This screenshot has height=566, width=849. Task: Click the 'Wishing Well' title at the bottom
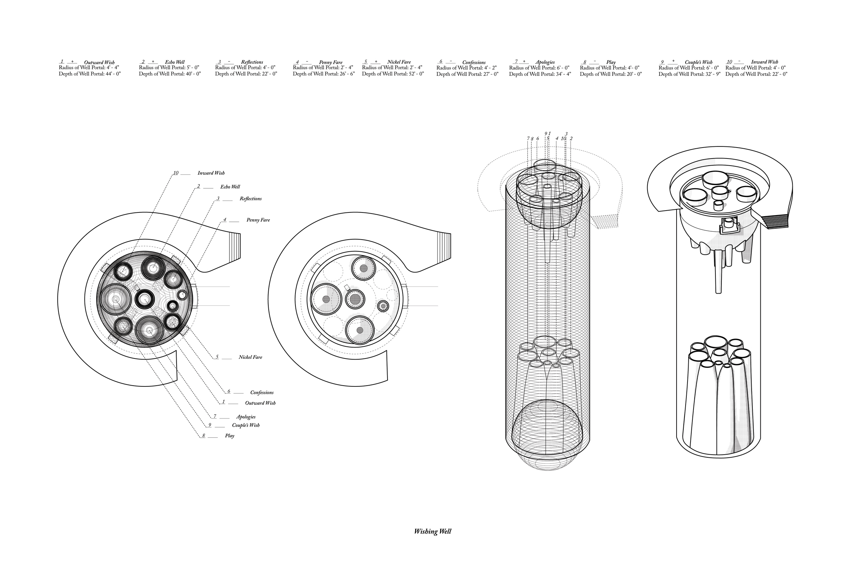pos(432,532)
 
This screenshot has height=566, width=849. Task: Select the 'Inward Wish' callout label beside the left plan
pos(211,173)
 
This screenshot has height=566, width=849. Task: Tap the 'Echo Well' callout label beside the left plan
pos(230,187)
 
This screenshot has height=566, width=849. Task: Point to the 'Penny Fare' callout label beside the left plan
pos(258,220)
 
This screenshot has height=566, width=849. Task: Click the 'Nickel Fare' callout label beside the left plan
pos(250,357)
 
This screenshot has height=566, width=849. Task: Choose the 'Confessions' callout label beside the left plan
pos(262,393)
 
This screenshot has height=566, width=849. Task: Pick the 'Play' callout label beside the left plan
pos(229,436)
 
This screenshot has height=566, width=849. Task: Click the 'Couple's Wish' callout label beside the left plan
pos(246,425)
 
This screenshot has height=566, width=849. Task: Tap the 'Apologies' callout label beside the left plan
pos(246,417)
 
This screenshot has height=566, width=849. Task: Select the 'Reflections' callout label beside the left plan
pos(251,199)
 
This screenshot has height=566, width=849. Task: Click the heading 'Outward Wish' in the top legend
pos(99,63)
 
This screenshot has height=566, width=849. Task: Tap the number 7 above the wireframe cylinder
pos(528,139)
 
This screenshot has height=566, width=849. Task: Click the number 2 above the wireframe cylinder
pos(571,139)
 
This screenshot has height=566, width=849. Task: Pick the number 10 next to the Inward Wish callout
pos(175,173)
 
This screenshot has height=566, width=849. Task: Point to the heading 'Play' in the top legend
pos(611,63)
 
